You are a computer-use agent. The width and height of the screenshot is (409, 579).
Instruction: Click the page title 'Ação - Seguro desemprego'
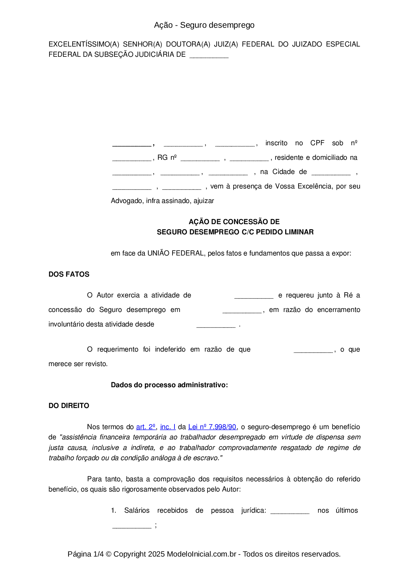(x=204, y=25)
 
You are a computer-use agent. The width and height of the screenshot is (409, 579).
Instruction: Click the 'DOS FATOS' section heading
(x=69, y=274)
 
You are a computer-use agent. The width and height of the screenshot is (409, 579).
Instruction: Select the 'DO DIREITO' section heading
(x=69, y=406)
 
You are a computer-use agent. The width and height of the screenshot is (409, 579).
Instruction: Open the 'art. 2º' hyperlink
(x=145, y=427)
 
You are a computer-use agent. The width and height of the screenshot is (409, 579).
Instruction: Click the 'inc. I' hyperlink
(x=168, y=427)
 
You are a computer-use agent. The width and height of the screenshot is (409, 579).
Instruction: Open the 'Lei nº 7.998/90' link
(x=212, y=427)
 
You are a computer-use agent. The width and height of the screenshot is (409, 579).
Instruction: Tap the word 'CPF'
(x=317, y=143)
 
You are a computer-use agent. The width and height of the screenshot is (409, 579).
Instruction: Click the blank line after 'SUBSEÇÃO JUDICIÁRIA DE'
(x=209, y=55)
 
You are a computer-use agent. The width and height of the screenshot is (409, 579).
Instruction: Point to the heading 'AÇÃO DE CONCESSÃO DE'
(x=234, y=222)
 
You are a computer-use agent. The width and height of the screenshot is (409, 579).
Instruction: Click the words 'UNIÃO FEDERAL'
(x=175, y=253)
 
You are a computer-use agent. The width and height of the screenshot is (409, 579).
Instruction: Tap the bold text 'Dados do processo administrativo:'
(x=169, y=385)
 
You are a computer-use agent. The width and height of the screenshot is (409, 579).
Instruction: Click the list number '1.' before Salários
(x=113, y=510)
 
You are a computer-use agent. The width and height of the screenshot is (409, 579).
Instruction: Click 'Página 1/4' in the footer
(x=85, y=554)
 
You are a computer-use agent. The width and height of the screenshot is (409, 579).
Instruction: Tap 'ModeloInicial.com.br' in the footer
(x=202, y=554)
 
